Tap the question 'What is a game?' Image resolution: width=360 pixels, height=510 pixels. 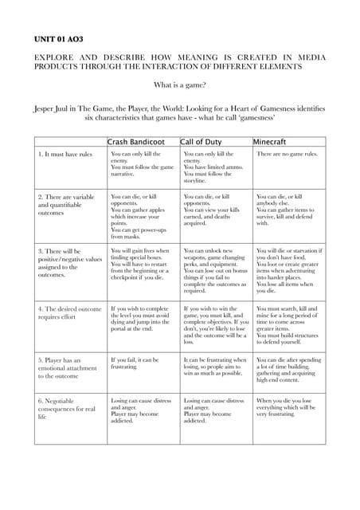(179, 86)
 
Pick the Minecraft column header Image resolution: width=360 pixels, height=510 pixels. (274, 141)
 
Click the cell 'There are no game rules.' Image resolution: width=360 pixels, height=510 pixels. (288, 154)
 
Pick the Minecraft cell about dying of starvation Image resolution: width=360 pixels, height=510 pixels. (289, 271)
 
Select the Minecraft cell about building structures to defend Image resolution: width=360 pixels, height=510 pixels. (289, 324)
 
